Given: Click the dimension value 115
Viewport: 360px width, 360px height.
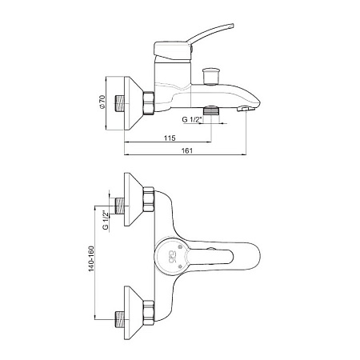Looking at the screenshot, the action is coord(170,138).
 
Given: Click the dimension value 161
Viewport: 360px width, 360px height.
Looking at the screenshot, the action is coord(187,150).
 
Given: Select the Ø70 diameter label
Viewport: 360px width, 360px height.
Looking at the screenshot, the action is coord(102,102).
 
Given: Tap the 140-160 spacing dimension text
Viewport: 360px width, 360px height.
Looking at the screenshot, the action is coord(91,258).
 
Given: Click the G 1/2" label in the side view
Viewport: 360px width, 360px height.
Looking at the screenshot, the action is coord(191,119).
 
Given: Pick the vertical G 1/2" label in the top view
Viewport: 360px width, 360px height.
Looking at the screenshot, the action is coord(106,220).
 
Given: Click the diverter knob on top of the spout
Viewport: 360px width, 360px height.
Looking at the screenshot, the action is coord(211,77).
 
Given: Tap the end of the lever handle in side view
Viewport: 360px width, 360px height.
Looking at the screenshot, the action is coord(232,25).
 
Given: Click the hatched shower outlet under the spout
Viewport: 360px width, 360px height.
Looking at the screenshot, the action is coord(212,110).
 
